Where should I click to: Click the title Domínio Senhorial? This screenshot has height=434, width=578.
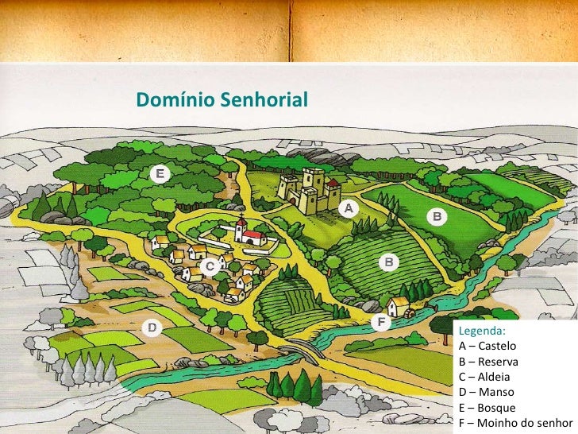pos(222,100)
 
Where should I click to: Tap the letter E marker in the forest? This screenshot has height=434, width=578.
pos(160,173)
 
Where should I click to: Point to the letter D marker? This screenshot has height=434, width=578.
pos(150,327)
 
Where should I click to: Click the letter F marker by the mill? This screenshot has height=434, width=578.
pos(382,322)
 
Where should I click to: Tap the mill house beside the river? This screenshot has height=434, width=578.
pos(399,306)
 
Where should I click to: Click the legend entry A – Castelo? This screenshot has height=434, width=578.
pos(487,347)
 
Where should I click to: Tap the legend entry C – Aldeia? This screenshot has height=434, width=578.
pos(484,377)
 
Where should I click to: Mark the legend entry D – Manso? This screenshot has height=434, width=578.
pos(486,392)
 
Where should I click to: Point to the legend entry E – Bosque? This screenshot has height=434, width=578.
pos(487,407)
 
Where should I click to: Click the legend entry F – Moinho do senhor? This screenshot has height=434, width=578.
pos(515,422)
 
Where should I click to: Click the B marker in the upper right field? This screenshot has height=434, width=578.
pos(437,215)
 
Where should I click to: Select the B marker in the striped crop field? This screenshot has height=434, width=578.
pos(389,261)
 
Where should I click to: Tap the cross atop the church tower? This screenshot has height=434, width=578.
pos(241,216)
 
